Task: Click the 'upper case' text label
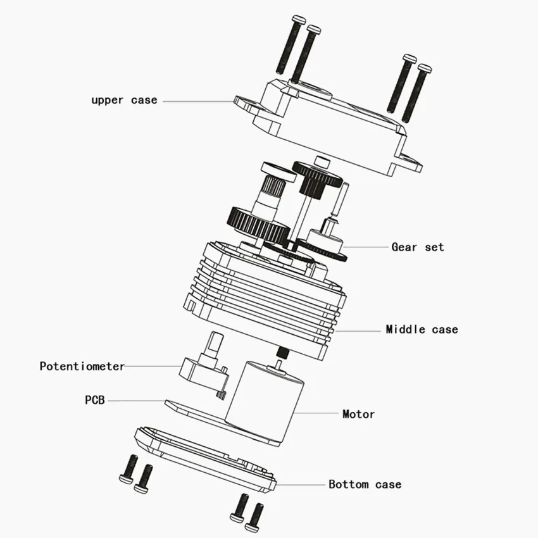(124, 101)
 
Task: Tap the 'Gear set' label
(418, 247)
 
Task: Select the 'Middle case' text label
(422, 329)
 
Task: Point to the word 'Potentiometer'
(82, 366)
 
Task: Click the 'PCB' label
(95, 400)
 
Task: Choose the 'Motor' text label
(358, 414)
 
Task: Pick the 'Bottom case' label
(365, 484)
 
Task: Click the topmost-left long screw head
(299, 19)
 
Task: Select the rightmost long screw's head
(425, 68)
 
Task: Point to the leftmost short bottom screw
(128, 468)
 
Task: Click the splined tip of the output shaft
(274, 185)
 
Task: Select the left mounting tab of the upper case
(247, 104)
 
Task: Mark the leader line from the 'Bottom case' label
(301, 485)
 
